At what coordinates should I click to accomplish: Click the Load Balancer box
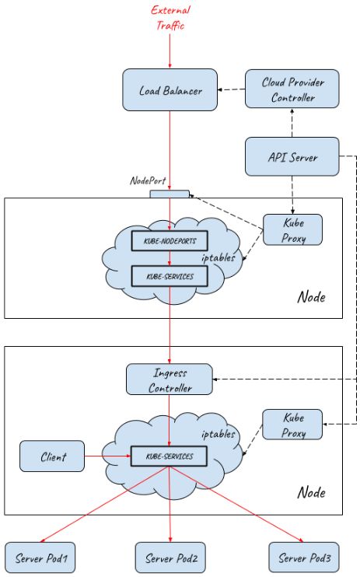tap(170, 90)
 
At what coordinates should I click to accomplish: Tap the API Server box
tap(292, 156)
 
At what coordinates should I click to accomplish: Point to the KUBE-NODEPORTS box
tap(170, 242)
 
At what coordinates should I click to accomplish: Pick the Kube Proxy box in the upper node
tap(292, 230)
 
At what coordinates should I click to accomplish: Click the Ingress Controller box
tap(170, 378)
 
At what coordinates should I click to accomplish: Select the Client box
tap(52, 456)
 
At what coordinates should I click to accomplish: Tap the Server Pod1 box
tap(41, 558)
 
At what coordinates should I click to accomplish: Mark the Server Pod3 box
tap(303, 558)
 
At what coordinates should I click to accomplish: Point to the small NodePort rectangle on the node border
tap(170, 194)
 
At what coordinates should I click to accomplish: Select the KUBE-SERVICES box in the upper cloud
tap(170, 276)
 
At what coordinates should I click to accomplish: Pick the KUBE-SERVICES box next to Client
tap(170, 456)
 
